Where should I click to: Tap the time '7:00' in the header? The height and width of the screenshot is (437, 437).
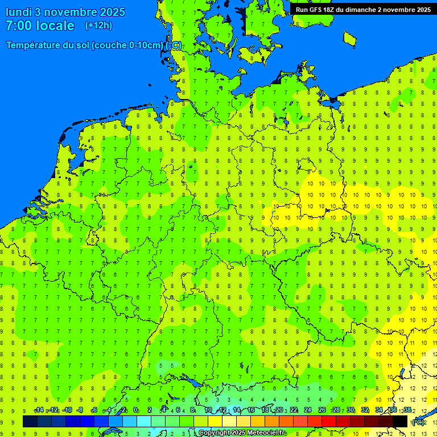[18, 26]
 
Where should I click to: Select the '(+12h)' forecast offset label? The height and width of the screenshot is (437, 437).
[98, 26]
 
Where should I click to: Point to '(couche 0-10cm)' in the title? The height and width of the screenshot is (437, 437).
[127, 46]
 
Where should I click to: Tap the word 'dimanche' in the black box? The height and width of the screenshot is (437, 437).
[358, 10]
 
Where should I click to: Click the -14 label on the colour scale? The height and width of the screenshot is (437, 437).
[38, 410]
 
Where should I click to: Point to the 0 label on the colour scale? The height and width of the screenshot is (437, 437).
[135, 410]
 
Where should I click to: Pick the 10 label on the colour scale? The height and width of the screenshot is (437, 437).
[208, 410]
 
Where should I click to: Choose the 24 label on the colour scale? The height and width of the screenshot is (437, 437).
[307, 410]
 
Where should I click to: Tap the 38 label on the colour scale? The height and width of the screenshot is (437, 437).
[407, 410]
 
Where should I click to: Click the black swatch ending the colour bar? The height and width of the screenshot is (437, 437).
[400, 421]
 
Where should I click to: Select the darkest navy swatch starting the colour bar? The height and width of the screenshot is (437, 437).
[30, 421]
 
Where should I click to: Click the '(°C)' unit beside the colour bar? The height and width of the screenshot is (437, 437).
[418, 422]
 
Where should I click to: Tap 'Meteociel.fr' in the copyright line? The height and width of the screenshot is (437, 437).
[266, 433]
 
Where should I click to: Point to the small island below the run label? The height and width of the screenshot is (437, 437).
[349, 38]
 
